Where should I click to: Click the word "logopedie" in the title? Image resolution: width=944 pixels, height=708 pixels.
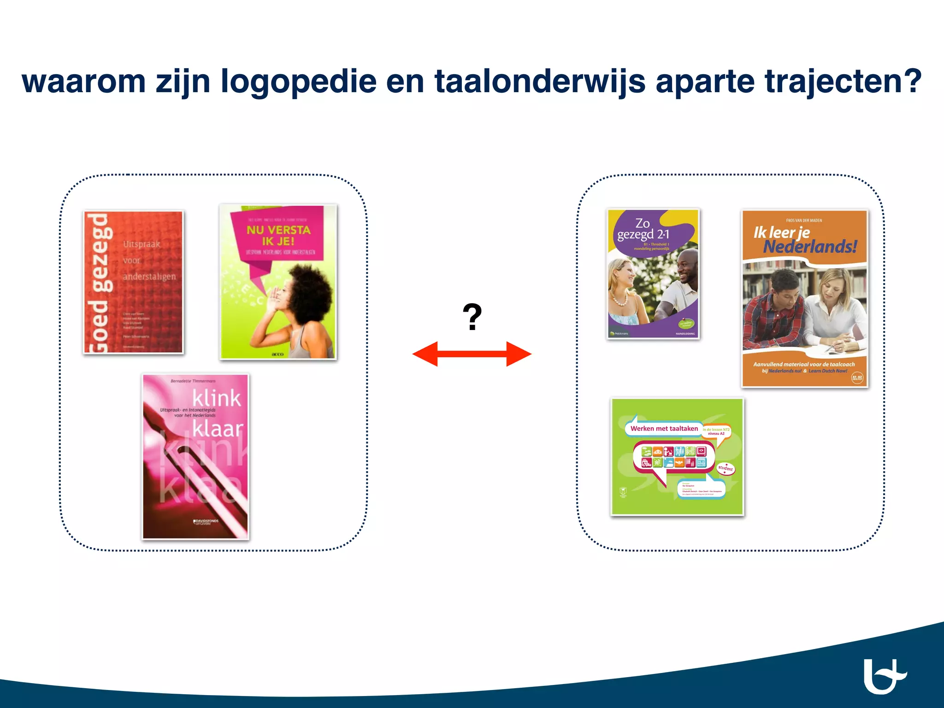coord(298,82)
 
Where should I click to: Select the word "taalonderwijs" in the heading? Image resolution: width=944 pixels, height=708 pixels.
coord(539,82)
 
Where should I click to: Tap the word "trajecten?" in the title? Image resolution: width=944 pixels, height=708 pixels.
coord(843,82)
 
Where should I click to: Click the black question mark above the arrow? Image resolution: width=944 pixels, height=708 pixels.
coord(472,317)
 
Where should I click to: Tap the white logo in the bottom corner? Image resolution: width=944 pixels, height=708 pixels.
coord(884,676)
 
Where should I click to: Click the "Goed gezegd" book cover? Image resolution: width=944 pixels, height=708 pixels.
coord(133,282)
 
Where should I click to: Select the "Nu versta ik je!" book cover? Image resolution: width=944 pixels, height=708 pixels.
coord(278,282)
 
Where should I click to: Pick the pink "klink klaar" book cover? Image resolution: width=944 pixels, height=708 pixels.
coord(195,456)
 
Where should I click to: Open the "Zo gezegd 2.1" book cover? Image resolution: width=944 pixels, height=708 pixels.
coord(653,274)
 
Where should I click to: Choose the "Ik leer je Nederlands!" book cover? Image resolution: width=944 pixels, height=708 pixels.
coord(805,299)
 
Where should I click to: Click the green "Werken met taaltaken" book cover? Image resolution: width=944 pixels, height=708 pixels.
coord(677,456)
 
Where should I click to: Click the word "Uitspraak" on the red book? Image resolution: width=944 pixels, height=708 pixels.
coord(142,244)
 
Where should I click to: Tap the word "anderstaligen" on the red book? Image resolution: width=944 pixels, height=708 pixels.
coord(149,277)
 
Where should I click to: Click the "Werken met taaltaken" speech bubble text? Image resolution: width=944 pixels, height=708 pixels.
coord(664,429)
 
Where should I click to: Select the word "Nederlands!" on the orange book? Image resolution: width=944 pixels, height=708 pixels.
coord(810,247)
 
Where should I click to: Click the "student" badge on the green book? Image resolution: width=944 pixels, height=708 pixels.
coord(726,468)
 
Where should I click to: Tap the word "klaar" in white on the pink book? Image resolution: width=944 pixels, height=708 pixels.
coord(218,429)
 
